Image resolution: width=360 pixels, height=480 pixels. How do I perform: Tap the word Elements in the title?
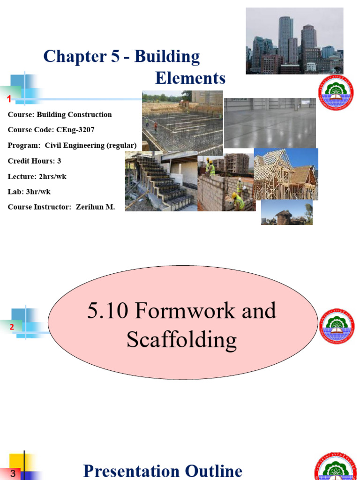(190, 78)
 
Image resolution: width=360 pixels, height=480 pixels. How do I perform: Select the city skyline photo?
(294, 41)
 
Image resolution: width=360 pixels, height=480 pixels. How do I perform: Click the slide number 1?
(9, 99)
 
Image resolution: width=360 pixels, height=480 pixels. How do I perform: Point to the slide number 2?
(12, 327)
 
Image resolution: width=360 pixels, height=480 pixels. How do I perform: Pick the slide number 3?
(13, 474)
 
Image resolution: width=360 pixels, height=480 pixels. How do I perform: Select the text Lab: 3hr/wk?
(29, 191)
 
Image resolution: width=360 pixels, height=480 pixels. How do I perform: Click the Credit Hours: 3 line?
(34, 161)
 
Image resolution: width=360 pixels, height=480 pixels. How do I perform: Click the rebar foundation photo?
(182, 121)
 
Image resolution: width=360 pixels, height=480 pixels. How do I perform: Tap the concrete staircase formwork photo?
(161, 181)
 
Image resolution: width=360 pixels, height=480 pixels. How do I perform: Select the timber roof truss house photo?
(285, 174)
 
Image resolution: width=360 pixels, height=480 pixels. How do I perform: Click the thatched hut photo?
(286, 212)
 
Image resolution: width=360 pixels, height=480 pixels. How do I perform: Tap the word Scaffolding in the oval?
(181, 340)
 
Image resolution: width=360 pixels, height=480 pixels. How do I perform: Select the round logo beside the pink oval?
(337, 326)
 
